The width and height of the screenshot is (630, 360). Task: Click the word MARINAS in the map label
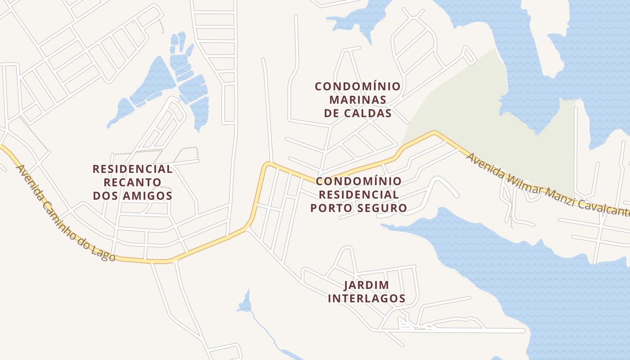(x=358, y=99)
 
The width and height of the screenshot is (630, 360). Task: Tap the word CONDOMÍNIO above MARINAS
(x=358, y=86)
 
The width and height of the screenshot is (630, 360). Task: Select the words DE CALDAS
(x=358, y=112)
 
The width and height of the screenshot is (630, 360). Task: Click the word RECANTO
(x=133, y=182)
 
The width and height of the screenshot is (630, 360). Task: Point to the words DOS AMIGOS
(x=133, y=196)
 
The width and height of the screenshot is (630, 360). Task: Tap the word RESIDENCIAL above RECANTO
(x=133, y=169)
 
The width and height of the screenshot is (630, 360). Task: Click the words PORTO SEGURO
(x=359, y=208)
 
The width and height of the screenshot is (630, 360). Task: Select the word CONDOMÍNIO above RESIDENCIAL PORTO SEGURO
(x=359, y=181)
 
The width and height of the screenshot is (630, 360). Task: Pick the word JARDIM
(x=366, y=285)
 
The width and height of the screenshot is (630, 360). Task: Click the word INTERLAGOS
(x=366, y=298)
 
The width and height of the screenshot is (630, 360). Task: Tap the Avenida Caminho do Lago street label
(x=65, y=213)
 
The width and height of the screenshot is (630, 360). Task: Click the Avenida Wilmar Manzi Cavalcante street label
(x=547, y=187)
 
